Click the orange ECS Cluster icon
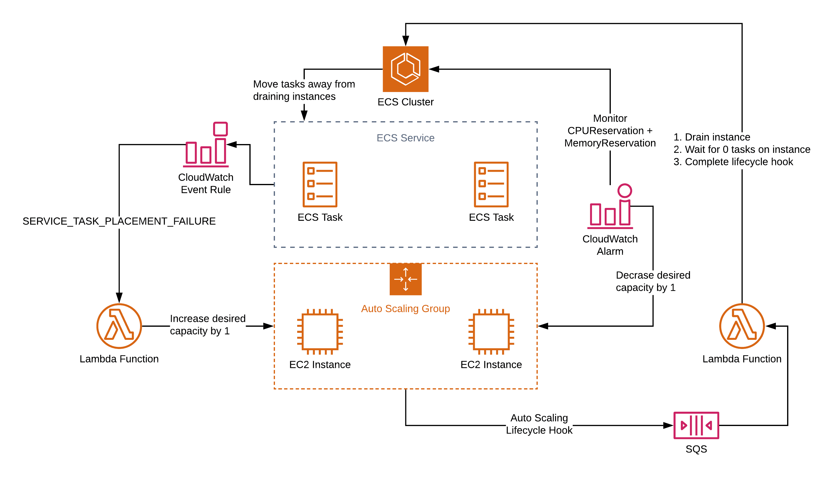click(406, 69)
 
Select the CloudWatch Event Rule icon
click(206, 145)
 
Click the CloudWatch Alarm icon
click(611, 206)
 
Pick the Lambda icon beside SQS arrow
click(742, 326)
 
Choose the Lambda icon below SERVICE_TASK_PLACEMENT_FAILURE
click(119, 326)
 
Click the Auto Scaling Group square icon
click(406, 279)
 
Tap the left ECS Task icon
click(320, 184)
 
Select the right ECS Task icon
click(491, 184)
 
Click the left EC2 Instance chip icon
click(320, 332)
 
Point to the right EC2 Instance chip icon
click(491, 332)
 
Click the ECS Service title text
click(406, 138)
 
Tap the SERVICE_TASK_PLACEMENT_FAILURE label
click(119, 221)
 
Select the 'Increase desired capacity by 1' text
click(208, 325)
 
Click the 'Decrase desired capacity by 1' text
click(653, 281)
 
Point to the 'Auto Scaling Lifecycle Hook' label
click(539, 424)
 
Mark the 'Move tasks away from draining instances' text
click(304, 90)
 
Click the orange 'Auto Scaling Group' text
click(406, 308)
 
